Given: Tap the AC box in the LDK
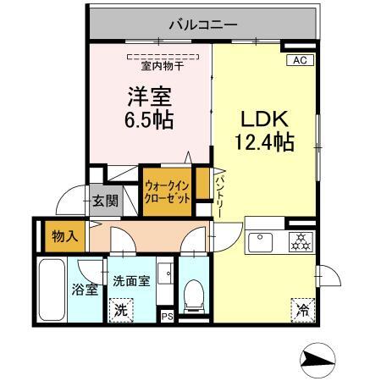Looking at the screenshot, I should [299, 60].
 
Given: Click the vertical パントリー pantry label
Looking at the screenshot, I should [218, 195].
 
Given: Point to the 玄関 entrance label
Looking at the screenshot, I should [106, 202].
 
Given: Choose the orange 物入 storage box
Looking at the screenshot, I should [62, 235].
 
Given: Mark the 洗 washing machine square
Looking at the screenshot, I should [121, 311].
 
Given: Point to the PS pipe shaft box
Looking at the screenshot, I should [168, 317].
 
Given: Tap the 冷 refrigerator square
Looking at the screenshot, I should [301, 311].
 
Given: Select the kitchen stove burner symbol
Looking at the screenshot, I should [301, 240].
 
